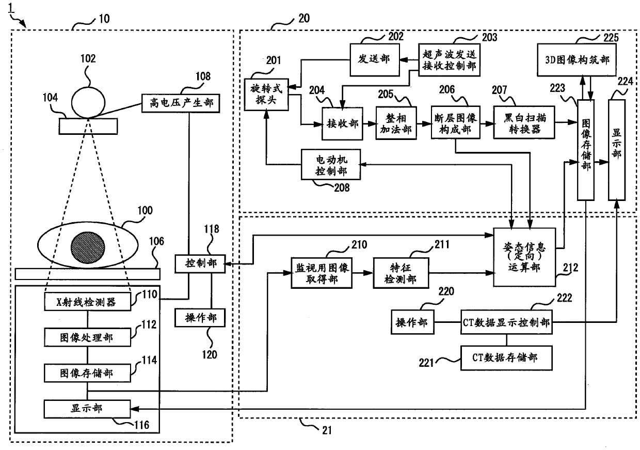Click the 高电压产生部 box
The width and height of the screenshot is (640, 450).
[181, 103]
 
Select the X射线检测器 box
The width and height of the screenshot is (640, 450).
[87, 302]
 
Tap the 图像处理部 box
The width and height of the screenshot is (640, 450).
[87, 337]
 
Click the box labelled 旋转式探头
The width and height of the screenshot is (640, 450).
[266, 95]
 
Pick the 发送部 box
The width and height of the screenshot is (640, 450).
[375, 59]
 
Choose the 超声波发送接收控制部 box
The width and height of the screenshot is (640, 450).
[449, 59]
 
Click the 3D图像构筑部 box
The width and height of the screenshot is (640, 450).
[577, 59]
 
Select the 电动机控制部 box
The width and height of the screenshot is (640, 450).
[331, 164]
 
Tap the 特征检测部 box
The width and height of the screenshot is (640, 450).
[401, 273]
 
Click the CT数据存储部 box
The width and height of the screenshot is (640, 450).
[506, 358]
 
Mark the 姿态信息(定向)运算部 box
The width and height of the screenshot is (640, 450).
[524, 257]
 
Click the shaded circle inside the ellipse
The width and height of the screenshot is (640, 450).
[88, 247]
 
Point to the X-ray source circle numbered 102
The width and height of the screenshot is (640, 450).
[88, 103]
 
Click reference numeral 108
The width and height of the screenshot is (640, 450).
[203, 76]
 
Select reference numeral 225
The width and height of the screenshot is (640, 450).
[611, 38]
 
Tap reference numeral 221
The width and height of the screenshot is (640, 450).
[426, 363]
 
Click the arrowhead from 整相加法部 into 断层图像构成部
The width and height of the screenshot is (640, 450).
[427, 123]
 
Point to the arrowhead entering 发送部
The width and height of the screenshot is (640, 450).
[404, 60]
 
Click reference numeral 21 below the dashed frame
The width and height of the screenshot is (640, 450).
[327, 430]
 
